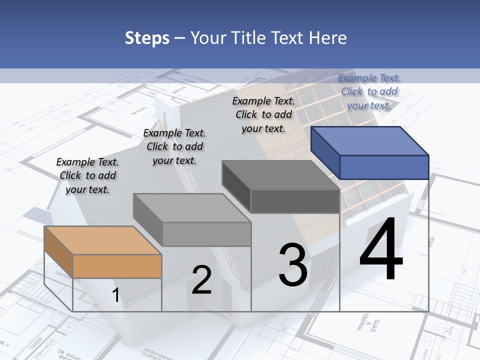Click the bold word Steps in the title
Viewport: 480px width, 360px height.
[147, 38]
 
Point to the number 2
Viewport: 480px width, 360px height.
[201, 280]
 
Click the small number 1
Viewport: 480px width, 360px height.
[116, 295]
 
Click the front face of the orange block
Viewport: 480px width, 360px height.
[117, 266]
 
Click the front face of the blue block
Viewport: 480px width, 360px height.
[384, 167]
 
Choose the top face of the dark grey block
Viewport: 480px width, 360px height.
[280, 175]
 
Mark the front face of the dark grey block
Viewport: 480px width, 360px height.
[295, 201]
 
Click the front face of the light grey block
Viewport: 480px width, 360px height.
[206, 234]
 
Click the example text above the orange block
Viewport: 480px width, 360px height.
[87, 175]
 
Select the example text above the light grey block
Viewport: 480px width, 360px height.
[174, 146]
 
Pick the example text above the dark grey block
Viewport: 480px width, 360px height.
[263, 114]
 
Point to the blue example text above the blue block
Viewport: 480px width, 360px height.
[369, 91]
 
